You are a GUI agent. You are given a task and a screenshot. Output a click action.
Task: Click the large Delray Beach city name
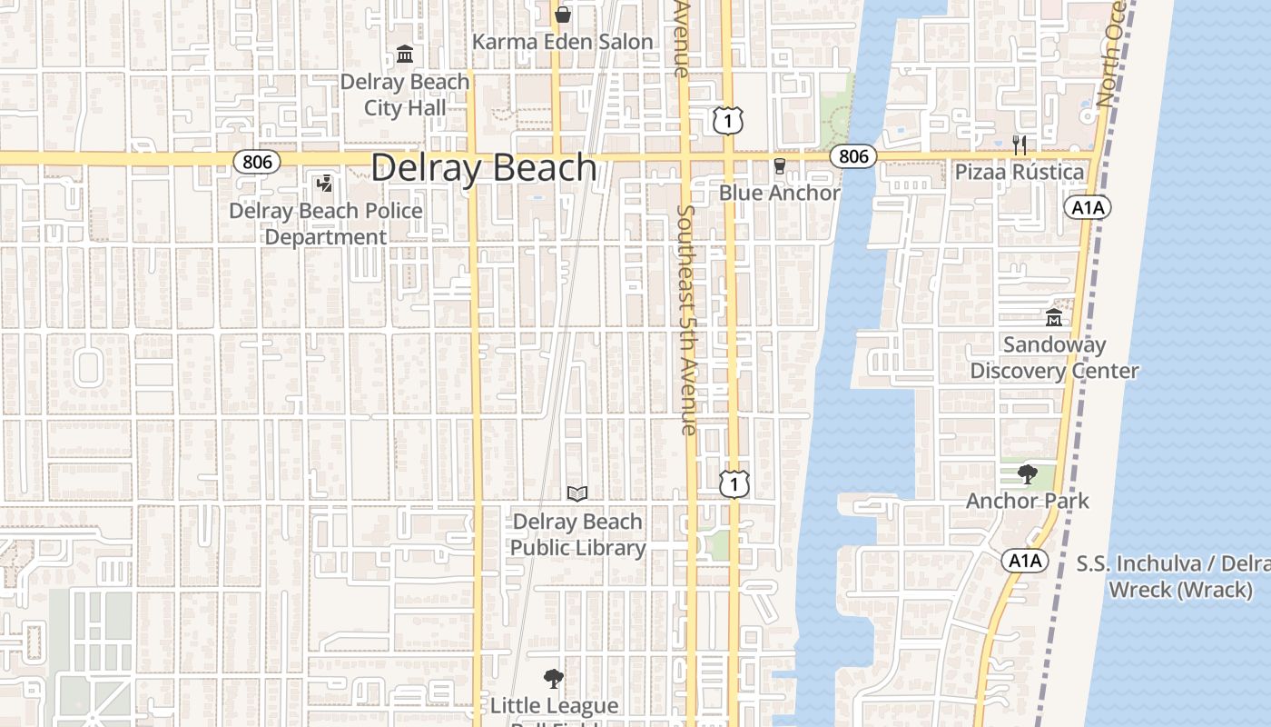(484, 169)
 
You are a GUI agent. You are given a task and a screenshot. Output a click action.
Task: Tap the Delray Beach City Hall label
(405, 95)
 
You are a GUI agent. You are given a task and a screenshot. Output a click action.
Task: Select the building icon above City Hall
(405, 55)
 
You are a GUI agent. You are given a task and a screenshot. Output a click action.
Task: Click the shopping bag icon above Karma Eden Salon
(563, 15)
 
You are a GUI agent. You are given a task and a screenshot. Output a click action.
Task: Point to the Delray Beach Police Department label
(325, 224)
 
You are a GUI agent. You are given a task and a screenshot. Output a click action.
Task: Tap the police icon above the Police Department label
(324, 184)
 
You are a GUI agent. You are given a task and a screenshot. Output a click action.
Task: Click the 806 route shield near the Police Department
(257, 161)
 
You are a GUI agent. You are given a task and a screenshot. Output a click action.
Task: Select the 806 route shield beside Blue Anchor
(853, 156)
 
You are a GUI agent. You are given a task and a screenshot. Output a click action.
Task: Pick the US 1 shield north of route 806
(728, 120)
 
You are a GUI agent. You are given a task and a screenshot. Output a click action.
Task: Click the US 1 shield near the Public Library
(734, 483)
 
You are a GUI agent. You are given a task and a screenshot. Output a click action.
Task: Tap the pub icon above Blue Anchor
(779, 165)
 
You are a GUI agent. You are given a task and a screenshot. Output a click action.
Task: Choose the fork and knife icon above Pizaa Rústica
(1020, 144)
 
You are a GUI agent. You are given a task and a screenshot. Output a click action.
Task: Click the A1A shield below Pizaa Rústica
(1088, 208)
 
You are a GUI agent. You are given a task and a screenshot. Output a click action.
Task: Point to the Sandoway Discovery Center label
(1054, 358)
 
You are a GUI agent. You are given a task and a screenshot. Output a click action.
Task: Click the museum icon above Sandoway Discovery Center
(1054, 318)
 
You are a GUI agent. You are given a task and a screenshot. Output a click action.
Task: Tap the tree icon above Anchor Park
(1027, 473)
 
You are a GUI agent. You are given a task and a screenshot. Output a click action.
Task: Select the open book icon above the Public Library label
(577, 493)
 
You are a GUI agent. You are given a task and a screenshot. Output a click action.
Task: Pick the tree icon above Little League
(553, 679)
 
